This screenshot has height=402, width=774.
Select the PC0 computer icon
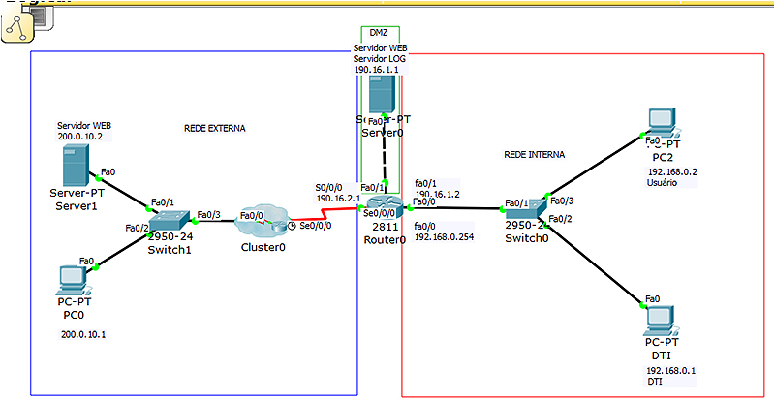click(72, 279)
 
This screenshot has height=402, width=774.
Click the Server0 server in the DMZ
click(384, 97)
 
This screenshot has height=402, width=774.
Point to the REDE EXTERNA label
click(214, 128)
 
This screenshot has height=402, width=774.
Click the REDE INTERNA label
click(534, 154)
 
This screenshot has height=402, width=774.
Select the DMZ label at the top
click(379, 33)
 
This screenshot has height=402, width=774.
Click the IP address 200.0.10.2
click(80, 137)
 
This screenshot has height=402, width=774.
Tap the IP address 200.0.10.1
click(83, 334)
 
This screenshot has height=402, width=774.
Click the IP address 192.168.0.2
click(672, 171)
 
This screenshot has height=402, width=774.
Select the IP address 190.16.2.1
click(338, 198)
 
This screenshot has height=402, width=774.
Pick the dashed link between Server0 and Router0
click(385, 155)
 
